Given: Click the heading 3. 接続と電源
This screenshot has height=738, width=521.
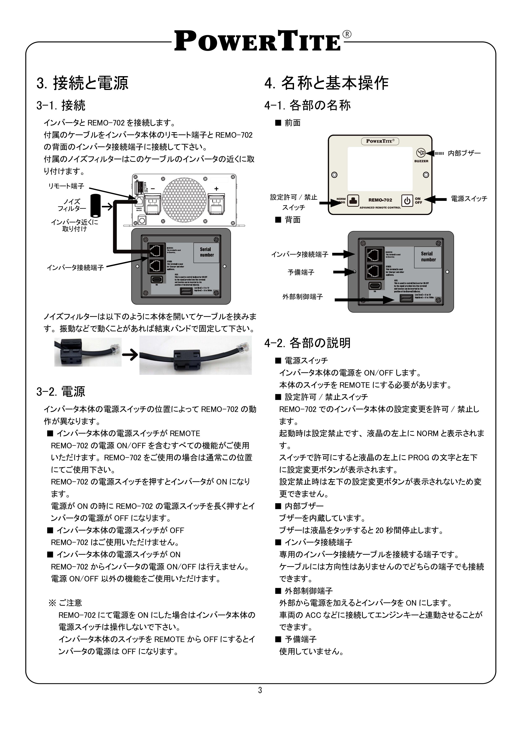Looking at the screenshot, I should click(x=83, y=83).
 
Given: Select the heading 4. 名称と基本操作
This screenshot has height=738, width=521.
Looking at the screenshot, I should click(x=327, y=83).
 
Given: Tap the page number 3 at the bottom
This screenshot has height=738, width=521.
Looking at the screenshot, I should click(x=260, y=690).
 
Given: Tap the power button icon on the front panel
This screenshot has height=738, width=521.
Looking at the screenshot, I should click(x=407, y=201).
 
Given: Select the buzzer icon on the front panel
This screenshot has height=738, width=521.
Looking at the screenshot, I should click(x=421, y=153).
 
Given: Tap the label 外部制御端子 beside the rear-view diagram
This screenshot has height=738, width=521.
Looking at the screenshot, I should click(x=302, y=297).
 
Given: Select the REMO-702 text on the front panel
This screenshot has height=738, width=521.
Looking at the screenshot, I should click(x=380, y=200).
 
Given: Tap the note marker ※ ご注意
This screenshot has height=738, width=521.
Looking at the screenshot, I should click(x=66, y=603).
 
